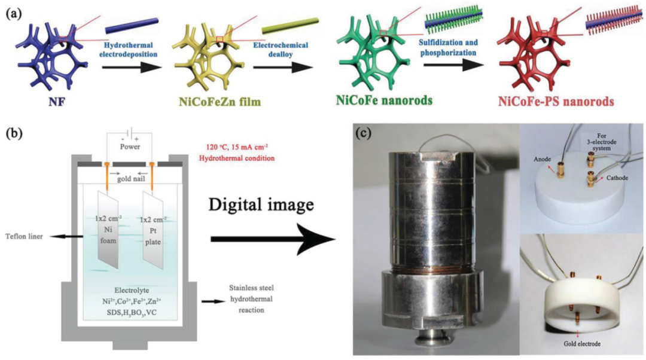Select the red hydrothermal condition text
[236, 154]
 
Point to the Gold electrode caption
[577, 345]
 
